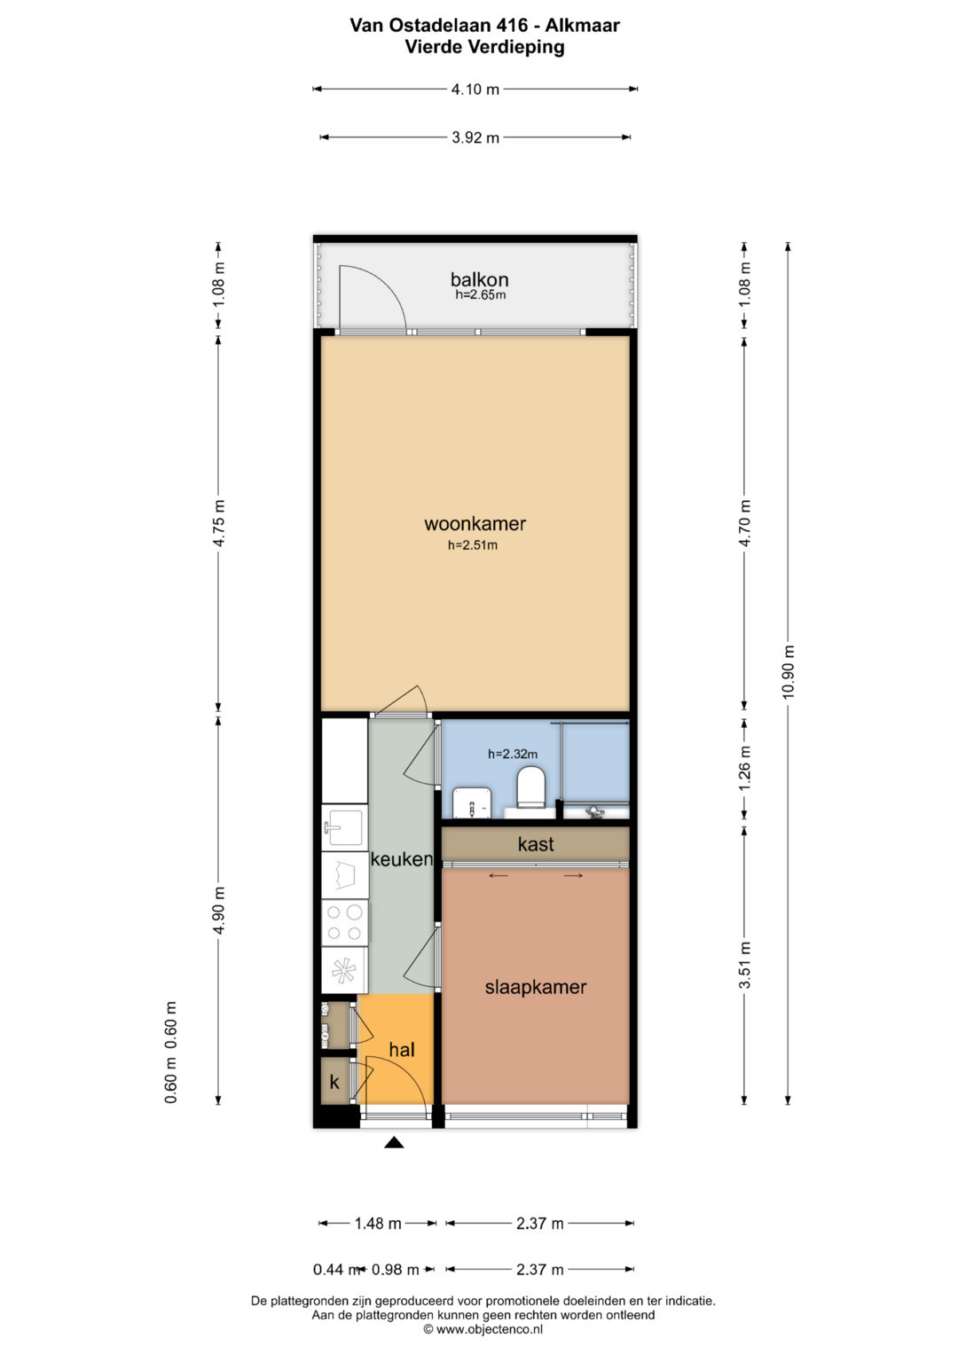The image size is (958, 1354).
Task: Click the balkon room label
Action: click(479, 280)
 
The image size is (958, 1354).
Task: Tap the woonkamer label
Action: click(475, 523)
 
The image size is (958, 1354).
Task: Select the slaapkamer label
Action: click(535, 988)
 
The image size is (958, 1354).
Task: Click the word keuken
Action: click(402, 859)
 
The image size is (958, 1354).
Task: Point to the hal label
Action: click(402, 1049)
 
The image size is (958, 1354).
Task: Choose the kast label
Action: click(536, 844)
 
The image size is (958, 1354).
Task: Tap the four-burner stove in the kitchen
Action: click(345, 922)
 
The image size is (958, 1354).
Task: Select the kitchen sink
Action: click(345, 827)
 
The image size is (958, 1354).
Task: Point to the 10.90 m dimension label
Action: click(788, 671)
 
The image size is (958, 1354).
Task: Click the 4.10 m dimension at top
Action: click(475, 90)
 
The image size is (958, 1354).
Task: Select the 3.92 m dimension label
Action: click(475, 137)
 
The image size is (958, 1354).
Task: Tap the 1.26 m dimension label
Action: click(744, 767)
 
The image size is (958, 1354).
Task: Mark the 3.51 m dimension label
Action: click(744, 965)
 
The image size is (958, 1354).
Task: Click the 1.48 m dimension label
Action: click(378, 1224)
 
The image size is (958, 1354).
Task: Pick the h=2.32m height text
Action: click(513, 755)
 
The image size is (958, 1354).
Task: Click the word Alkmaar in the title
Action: click(583, 26)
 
